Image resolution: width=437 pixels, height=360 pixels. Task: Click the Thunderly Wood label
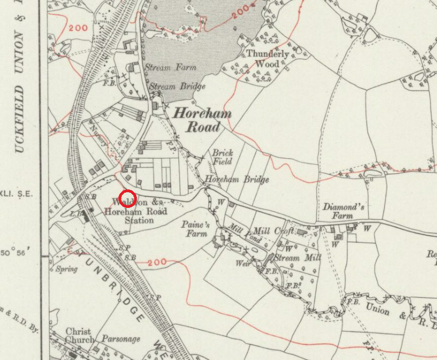click(x=264, y=59)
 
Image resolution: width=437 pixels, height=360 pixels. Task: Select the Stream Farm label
click(x=170, y=68)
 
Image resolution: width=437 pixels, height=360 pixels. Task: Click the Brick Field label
click(x=222, y=158)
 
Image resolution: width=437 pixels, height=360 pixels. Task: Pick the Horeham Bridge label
click(x=236, y=180)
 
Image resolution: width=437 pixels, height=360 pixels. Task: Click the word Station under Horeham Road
click(x=139, y=220)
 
